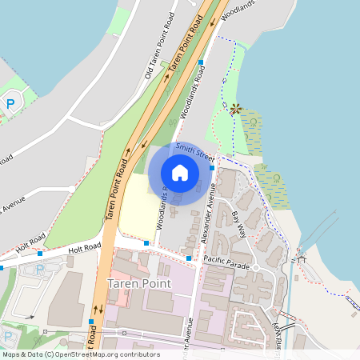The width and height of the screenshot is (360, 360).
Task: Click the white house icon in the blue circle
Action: click(x=179, y=172)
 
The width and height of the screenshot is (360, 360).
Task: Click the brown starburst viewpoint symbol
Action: click(x=235, y=108)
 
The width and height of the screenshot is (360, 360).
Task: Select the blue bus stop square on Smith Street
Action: click(x=211, y=168)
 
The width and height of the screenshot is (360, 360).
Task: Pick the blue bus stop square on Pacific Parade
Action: click(x=189, y=258)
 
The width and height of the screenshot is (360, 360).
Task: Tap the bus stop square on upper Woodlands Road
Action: click(x=201, y=61)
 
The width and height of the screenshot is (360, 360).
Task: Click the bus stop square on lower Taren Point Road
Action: click(x=92, y=322)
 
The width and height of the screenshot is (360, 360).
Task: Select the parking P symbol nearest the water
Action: click(x=11, y=102)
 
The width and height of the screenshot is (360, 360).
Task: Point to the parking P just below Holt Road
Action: click(x=40, y=270)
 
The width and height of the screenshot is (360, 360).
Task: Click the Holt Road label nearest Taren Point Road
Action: click(x=86, y=248)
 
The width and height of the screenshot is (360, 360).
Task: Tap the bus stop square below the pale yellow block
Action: click(x=146, y=242)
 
